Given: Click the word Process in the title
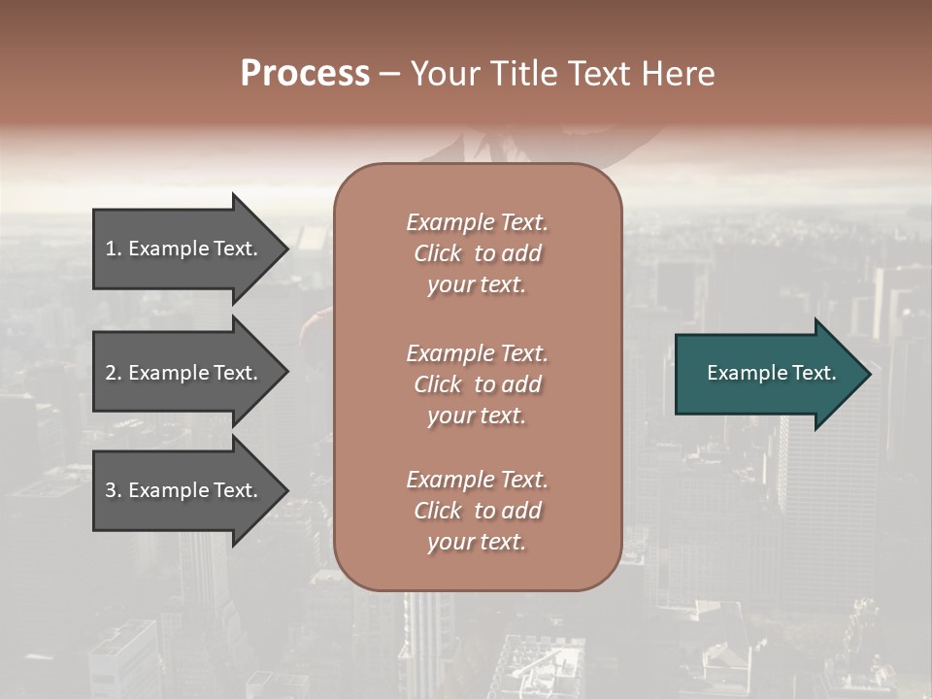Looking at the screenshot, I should click(x=305, y=74).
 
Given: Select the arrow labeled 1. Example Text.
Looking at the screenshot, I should click(x=184, y=249).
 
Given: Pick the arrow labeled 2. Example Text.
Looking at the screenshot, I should click(x=184, y=373).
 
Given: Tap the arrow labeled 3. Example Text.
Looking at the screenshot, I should click(x=184, y=490).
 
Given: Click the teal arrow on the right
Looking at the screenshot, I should click(x=767, y=374).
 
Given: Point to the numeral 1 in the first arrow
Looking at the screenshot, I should click(x=111, y=249).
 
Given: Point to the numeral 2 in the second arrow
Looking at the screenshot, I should click(x=111, y=373).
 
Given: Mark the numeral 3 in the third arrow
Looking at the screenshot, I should click(x=111, y=490).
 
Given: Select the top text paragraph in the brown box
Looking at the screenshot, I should click(x=477, y=253).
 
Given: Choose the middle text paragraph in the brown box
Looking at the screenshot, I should click(x=477, y=384).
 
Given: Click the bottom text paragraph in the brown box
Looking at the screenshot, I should click(x=477, y=511).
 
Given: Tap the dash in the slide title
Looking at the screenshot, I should click(x=389, y=74).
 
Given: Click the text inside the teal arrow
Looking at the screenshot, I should click(x=771, y=373).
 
